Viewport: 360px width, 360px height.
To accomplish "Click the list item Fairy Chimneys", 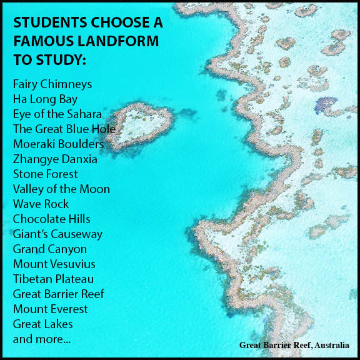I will pos(52,84).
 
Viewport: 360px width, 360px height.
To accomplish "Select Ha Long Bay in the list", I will pos(44,99).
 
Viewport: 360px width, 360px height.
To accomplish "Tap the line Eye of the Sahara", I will pos(57,114).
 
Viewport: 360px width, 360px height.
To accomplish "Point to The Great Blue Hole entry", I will pos(64,129).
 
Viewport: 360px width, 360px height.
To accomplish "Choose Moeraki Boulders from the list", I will pos(58,144).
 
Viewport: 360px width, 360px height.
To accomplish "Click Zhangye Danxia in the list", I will pos(55,159).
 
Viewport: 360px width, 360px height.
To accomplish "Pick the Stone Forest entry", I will pos(45,174).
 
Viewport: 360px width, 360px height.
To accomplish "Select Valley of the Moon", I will pos(61,189).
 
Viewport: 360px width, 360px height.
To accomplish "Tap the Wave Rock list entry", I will pos(41,204).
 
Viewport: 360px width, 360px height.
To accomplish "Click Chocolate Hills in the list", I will pos(51,219).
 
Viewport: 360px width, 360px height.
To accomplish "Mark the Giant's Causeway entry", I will pos(57,234).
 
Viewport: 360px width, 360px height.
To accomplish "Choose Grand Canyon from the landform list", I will pos(49,249).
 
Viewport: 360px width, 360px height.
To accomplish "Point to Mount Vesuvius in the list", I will pos(54,264).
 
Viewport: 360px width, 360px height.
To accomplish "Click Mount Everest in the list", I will pos(50,309).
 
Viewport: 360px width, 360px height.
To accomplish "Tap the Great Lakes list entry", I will pos(42,324).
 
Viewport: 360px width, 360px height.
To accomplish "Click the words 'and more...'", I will pos(41,339).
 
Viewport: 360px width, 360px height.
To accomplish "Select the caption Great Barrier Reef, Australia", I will pos(294,345).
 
